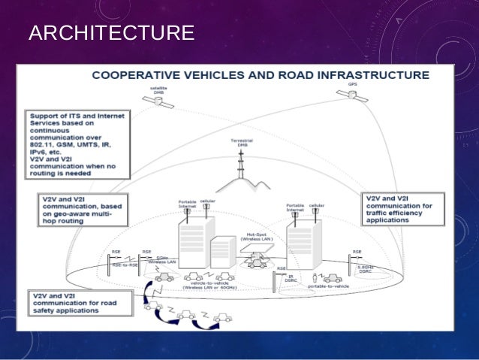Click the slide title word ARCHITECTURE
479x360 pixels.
coord(110,34)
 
